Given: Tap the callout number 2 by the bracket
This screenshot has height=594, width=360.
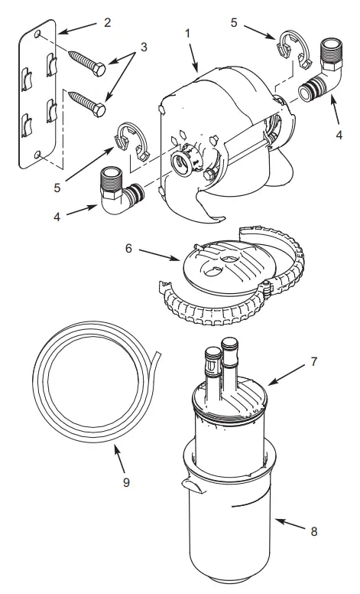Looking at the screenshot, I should click(108, 22).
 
